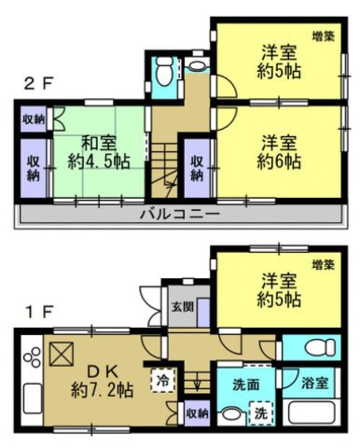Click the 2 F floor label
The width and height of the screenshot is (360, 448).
coord(38,82)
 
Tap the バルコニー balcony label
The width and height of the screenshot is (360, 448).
coord(180,213)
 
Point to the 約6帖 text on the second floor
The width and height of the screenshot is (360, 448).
coord(277,161)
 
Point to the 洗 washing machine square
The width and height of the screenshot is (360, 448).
coord(262,412)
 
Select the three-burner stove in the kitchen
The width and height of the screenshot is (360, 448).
coord(30,358)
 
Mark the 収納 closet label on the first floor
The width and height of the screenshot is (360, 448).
coord(196,412)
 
